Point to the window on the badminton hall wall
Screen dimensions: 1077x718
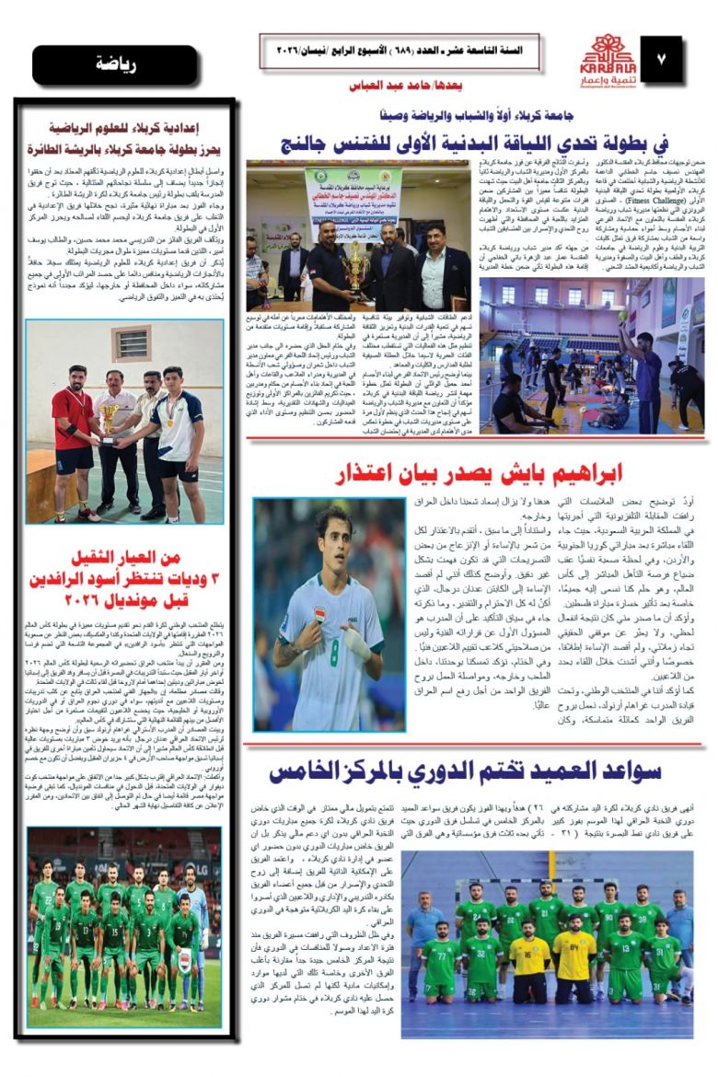click(x=129, y=344)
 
